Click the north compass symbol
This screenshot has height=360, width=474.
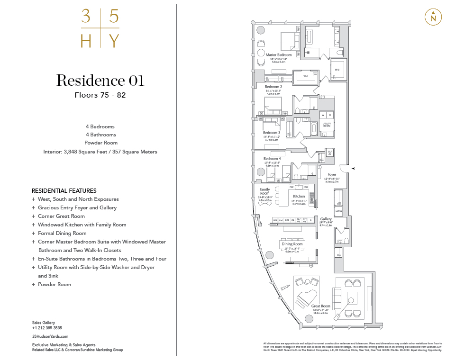tap(432, 17)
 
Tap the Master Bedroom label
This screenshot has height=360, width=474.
tap(279, 55)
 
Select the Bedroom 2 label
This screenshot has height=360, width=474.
tap(273, 87)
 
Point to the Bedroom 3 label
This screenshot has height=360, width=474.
tap(271, 133)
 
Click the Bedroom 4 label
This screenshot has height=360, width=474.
tap(272, 158)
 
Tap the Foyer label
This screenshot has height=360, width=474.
tap(332, 174)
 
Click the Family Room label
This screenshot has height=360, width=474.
tap(264, 191)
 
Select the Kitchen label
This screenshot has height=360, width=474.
tap(299, 196)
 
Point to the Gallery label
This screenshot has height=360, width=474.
tap(326, 219)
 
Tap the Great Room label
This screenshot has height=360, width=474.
tap(321, 306)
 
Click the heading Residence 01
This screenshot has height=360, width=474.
tap(100, 81)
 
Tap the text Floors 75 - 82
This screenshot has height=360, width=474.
tap(100, 95)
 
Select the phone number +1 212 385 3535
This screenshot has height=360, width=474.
tap(47, 328)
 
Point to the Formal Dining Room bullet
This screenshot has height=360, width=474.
tap(62, 233)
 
